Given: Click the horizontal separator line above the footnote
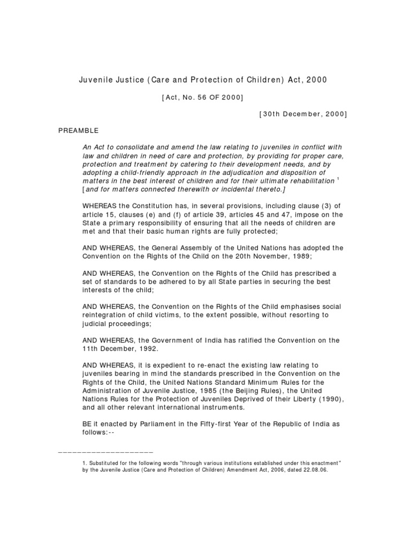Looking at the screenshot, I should click(105, 453).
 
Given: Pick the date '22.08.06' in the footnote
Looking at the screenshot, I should click(312, 470).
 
